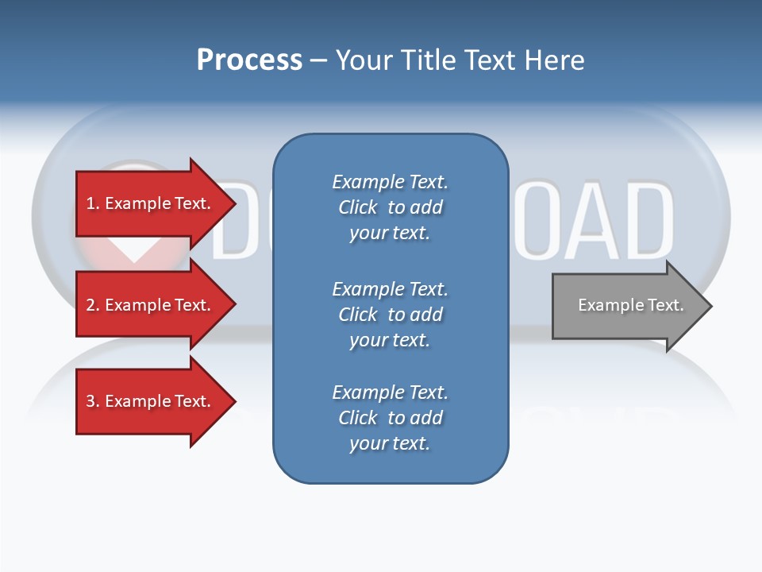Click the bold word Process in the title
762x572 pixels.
coord(249,60)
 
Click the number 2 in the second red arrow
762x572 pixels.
coord(90,305)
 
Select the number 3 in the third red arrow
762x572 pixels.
coord(90,401)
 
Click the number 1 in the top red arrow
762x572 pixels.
coord(90,203)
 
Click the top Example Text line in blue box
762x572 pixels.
coord(390,182)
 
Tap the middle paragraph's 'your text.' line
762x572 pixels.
coord(390,340)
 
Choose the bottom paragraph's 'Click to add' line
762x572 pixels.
coord(390,418)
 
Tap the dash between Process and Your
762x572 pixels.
coord(318,60)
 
